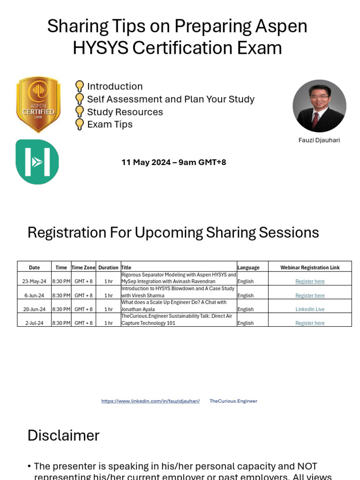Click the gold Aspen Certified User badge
coord(38,105)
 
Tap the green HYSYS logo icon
coord(37,161)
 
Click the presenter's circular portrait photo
coord(319,106)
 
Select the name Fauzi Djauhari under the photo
coord(319,140)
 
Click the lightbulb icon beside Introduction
coord(80,86)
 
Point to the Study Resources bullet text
coord(125,112)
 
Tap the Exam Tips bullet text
coord(110,124)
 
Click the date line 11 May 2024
coord(173,162)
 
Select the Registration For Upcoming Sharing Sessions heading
coord(173,232)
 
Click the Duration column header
coord(108,267)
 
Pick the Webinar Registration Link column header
coord(310,267)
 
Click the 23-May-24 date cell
coord(34,281)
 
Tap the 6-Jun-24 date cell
coord(34,295)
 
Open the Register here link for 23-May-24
coord(310,281)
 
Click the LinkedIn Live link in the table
coord(310,309)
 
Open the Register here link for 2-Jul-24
coord(310,323)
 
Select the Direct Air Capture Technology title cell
coord(178,320)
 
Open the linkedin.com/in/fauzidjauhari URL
coord(150,401)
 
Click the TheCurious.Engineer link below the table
coord(233,401)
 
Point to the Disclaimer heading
coord(63,435)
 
